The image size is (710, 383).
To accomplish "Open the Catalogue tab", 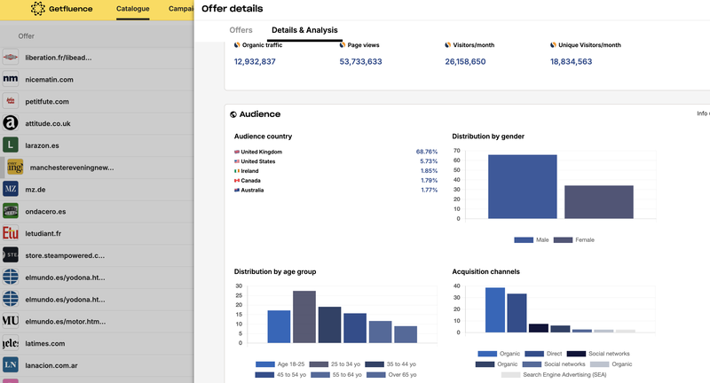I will (x=132, y=10).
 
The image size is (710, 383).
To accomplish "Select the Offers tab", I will (x=241, y=30).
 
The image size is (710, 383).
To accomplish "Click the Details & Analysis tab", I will (x=304, y=30).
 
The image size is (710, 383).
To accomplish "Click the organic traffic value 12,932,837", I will (x=255, y=62).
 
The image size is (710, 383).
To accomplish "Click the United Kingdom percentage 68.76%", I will (x=426, y=152).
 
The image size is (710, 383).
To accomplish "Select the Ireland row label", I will (x=249, y=171).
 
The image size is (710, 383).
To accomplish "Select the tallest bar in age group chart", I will (x=304, y=317).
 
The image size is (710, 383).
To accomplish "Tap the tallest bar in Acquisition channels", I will (x=494, y=310).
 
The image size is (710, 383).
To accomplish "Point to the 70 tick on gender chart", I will (x=456, y=151).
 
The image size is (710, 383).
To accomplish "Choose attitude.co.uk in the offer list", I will (x=48, y=123).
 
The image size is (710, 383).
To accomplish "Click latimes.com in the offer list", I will (x=44, y=343).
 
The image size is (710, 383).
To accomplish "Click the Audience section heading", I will (x=259, y=114).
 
